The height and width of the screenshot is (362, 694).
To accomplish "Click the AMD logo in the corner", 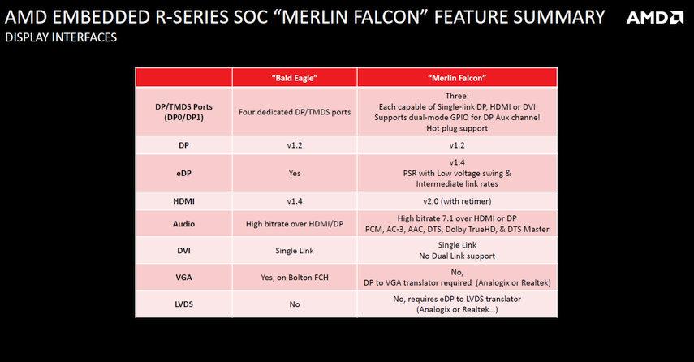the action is (x=655, y=17).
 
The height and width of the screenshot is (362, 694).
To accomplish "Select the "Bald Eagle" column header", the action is (x=295, y=78).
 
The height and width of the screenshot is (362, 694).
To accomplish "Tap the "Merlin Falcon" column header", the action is (x=457, y=78).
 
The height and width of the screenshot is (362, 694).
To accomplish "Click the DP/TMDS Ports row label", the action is (x=183, y=112).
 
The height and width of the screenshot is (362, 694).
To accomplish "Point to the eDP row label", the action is (x=183, y=173).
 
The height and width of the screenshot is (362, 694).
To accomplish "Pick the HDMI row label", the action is (x=183, y=201).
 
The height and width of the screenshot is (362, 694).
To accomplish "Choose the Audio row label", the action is (x=183, y=223).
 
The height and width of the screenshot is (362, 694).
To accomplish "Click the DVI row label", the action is (x=183, y=251).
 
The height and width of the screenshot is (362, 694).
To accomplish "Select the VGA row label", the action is (x=183, y=278).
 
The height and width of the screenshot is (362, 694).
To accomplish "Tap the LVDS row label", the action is (x=183, y=304).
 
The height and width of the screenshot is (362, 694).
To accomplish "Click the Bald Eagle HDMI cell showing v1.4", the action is (x=295, y=201).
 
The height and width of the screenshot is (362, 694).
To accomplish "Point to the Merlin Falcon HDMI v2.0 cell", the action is (x=457, y=201).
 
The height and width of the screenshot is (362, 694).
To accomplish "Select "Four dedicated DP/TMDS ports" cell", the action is (x=295, y=112).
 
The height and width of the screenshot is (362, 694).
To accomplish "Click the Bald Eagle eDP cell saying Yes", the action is (x=295, y=173).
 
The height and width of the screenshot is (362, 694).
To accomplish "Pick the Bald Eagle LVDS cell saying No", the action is (x=295, y=304).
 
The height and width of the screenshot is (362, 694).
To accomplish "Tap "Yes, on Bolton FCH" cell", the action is (x=295, y=278).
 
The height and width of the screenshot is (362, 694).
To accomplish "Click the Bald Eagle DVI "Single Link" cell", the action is (x=295, y=251).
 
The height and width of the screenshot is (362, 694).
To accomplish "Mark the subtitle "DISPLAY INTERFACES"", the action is (x=61, y=37).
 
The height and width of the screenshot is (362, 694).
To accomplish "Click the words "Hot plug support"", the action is (x=457, y=128).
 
